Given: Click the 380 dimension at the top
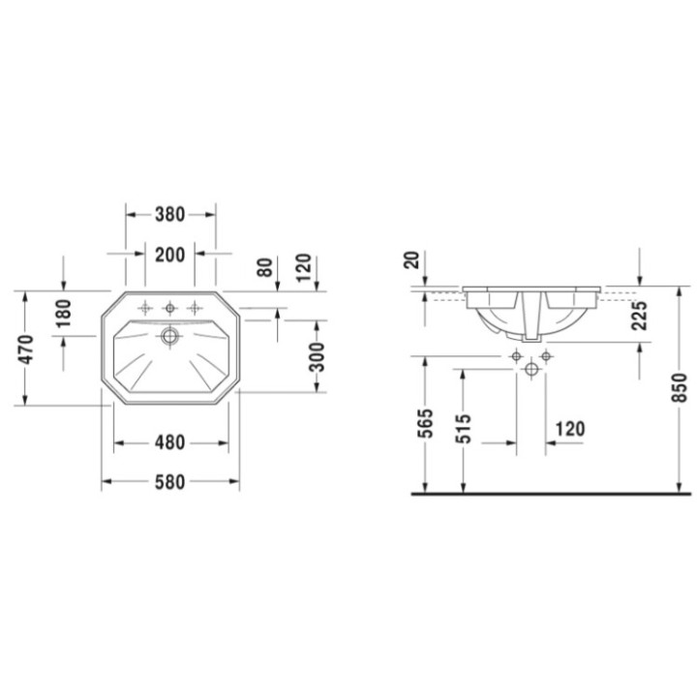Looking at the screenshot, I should (x=170, y=214).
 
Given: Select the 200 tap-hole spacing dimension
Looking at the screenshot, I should (x=170, y=255).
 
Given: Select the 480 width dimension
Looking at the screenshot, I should (x=170, y=443).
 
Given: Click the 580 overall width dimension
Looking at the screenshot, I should (x=170, y=481).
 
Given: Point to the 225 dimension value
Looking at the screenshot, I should (x=640, y=318).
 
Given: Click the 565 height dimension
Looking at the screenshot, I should (x=423, y=424).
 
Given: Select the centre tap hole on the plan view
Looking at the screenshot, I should (x=170, y=309).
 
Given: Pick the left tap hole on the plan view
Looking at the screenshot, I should (x=146, y=309).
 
